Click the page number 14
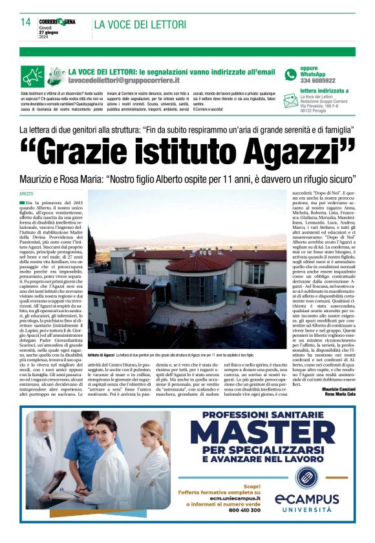point(26,22)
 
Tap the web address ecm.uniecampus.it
point(230,497)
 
